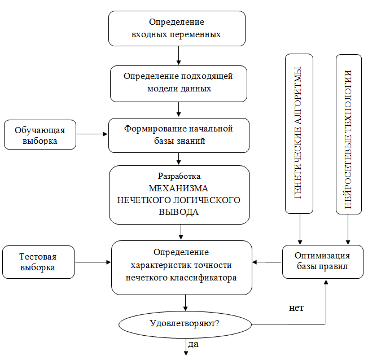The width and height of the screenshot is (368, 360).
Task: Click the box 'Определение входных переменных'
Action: [177, 28]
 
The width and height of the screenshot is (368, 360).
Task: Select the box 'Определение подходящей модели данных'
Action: [179, 82]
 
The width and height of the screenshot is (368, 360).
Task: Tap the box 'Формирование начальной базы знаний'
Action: [179, 135]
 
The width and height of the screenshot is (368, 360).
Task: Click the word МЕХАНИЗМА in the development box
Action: [178, 188]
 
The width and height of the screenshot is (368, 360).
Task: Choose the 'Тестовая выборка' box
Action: [38, 262]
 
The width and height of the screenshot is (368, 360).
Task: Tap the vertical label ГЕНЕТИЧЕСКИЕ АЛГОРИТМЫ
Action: [299, 133]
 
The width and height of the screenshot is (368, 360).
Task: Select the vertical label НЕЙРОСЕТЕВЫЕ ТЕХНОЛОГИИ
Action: [348, 133]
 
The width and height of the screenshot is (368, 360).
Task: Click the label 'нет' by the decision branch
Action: [296, 308]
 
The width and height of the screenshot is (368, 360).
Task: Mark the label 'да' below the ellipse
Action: [193, 344]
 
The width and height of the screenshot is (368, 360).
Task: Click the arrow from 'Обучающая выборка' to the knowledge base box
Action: [92, 134]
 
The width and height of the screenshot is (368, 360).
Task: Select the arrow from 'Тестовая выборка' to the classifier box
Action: [93, 262]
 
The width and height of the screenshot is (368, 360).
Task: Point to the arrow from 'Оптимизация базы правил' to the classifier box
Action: [266, 262]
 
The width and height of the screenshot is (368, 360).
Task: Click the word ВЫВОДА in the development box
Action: [178, 212]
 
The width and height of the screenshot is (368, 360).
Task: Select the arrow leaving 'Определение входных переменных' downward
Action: [178, 55]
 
